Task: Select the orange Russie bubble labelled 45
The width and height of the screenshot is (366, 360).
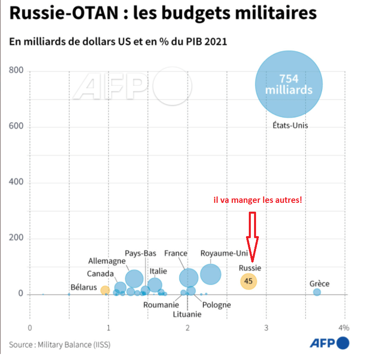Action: tap(248, 281)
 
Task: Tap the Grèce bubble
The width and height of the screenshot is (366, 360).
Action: tap(317, 292)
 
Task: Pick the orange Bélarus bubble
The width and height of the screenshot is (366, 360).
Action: tap(105, 290)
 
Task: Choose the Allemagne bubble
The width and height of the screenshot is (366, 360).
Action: tap(134, 278)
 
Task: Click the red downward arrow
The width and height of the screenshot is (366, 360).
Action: tap(252, 237)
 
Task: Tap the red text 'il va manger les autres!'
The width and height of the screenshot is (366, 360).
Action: tap(257, 200)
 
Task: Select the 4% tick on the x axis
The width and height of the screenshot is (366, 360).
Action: tap(344, 328)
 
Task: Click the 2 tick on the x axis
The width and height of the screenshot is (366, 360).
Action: tap(188, 328)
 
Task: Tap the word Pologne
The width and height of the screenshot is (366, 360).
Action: tap(217, 305)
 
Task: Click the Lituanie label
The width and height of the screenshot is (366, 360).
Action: tap(187, 314)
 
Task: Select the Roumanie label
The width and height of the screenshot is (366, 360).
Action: tap(161, 305)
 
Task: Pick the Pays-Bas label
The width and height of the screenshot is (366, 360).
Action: tap(140, 253)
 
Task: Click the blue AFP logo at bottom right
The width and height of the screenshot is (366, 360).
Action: tap(329, 343)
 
